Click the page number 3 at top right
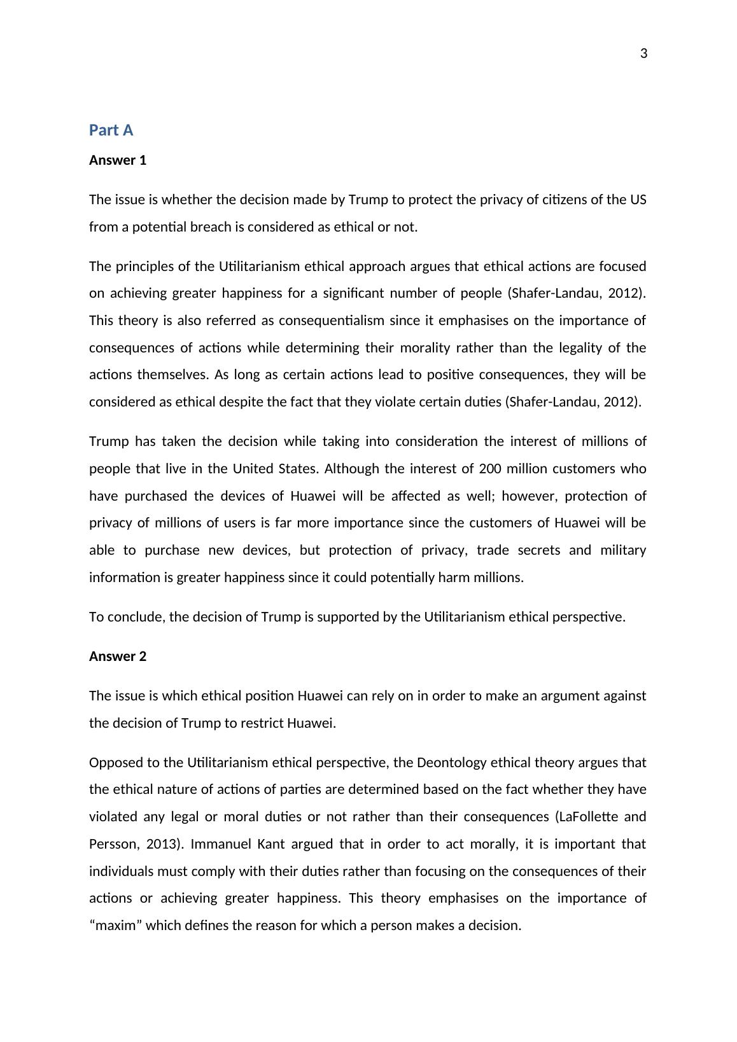(643, 54)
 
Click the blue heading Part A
(111, 130)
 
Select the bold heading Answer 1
(118, 160)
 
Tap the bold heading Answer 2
(118, 656)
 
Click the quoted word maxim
(116, 926)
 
